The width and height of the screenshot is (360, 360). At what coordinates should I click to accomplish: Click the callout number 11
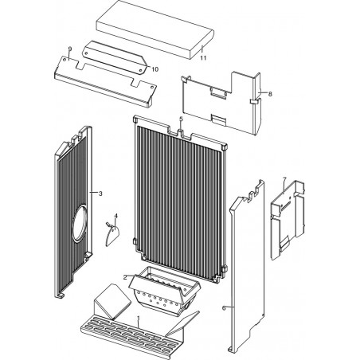(203, 58)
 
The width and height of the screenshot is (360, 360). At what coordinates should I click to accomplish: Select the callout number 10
(155, 69)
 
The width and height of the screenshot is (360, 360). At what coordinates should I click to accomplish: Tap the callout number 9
(70, 49)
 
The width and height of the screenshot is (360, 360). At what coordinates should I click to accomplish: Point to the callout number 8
(270, 94)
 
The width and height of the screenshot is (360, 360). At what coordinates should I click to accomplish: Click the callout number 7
(285, 179)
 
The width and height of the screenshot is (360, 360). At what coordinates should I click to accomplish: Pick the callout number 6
(224, 308)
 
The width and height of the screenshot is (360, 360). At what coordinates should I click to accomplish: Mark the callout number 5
(181, 119)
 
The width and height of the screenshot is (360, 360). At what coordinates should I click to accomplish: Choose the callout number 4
(115, 216)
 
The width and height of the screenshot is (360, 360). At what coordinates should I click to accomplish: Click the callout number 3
(100, 194)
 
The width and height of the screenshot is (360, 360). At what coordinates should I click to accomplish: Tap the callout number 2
(125, 277)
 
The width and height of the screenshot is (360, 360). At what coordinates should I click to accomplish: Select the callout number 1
(139, 318)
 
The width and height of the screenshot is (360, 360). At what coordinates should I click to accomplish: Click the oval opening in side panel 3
(80, 223)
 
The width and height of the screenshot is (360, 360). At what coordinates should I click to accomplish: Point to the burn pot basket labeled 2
(164, 292)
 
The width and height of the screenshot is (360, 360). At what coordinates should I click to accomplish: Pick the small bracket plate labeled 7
(288, 221)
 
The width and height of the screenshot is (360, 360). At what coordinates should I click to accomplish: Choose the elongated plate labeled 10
(115, 57)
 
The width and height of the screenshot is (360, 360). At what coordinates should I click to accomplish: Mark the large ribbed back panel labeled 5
(180, 198)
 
